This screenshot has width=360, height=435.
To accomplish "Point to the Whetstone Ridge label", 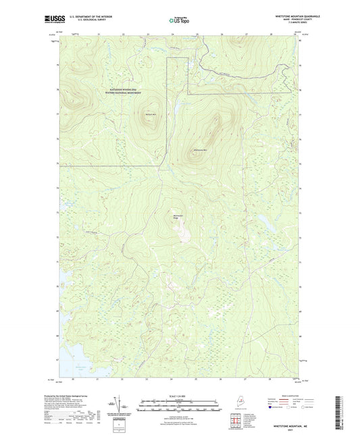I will tap(177, 216).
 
